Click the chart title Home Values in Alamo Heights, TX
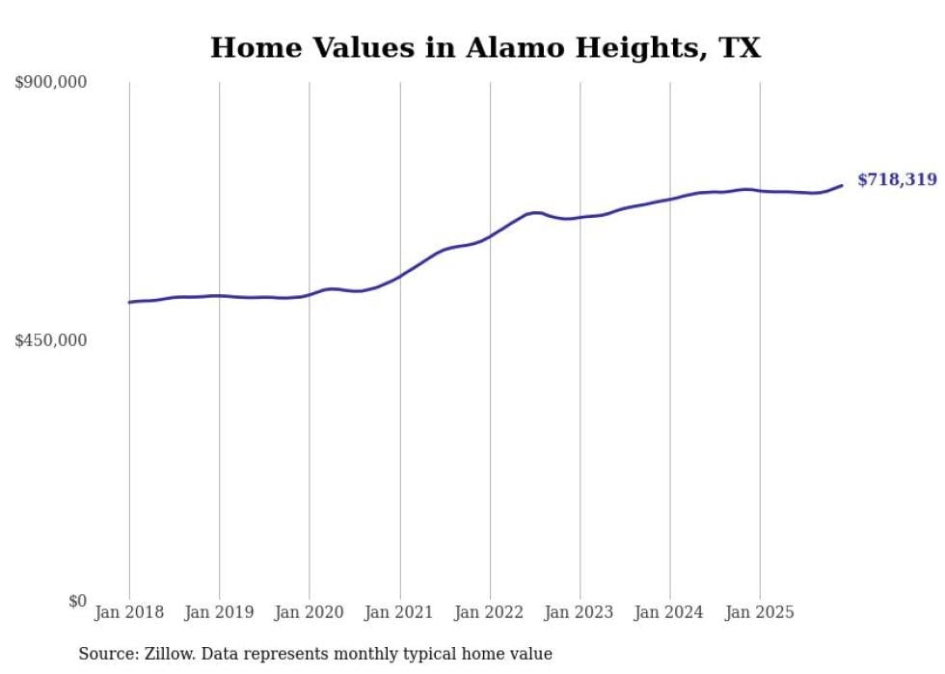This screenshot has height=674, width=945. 485,47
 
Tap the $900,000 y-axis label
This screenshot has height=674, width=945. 51,83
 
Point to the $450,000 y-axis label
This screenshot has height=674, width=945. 51,340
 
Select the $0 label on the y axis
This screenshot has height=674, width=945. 77,601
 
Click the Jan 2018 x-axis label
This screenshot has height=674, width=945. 129,612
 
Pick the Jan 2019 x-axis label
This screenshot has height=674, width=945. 219,612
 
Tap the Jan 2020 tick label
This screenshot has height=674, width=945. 310,612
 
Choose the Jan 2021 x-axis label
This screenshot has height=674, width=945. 400,612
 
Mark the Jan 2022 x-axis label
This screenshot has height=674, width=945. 490,612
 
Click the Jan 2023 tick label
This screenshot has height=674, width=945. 580,612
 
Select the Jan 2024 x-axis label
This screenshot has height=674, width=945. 670,612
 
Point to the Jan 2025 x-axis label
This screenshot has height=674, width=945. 760,612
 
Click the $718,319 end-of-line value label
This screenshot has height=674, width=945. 897,179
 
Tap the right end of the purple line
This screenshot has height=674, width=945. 842,185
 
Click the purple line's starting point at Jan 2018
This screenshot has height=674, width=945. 129,303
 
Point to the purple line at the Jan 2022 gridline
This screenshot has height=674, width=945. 490,235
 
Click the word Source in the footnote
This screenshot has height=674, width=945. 106,654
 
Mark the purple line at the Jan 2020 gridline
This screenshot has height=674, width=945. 310,294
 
